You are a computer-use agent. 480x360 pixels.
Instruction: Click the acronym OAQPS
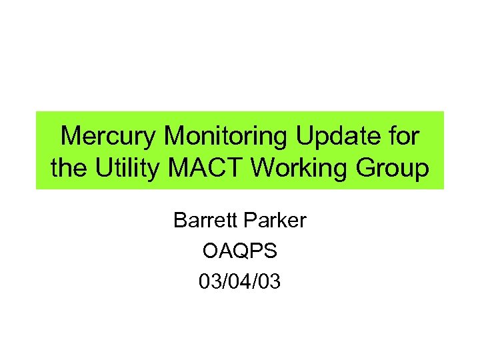tap(239, 251)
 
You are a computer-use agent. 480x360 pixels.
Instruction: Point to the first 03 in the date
tap(209, 283)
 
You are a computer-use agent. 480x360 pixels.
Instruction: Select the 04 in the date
tap(240, 283)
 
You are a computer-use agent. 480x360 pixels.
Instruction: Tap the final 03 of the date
tap(271, 283)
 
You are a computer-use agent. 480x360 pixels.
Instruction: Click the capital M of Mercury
tap(71, 137)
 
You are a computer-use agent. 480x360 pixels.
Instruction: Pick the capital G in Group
tap(368, 169)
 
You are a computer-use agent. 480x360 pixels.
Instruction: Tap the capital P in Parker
tap(249, 220)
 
